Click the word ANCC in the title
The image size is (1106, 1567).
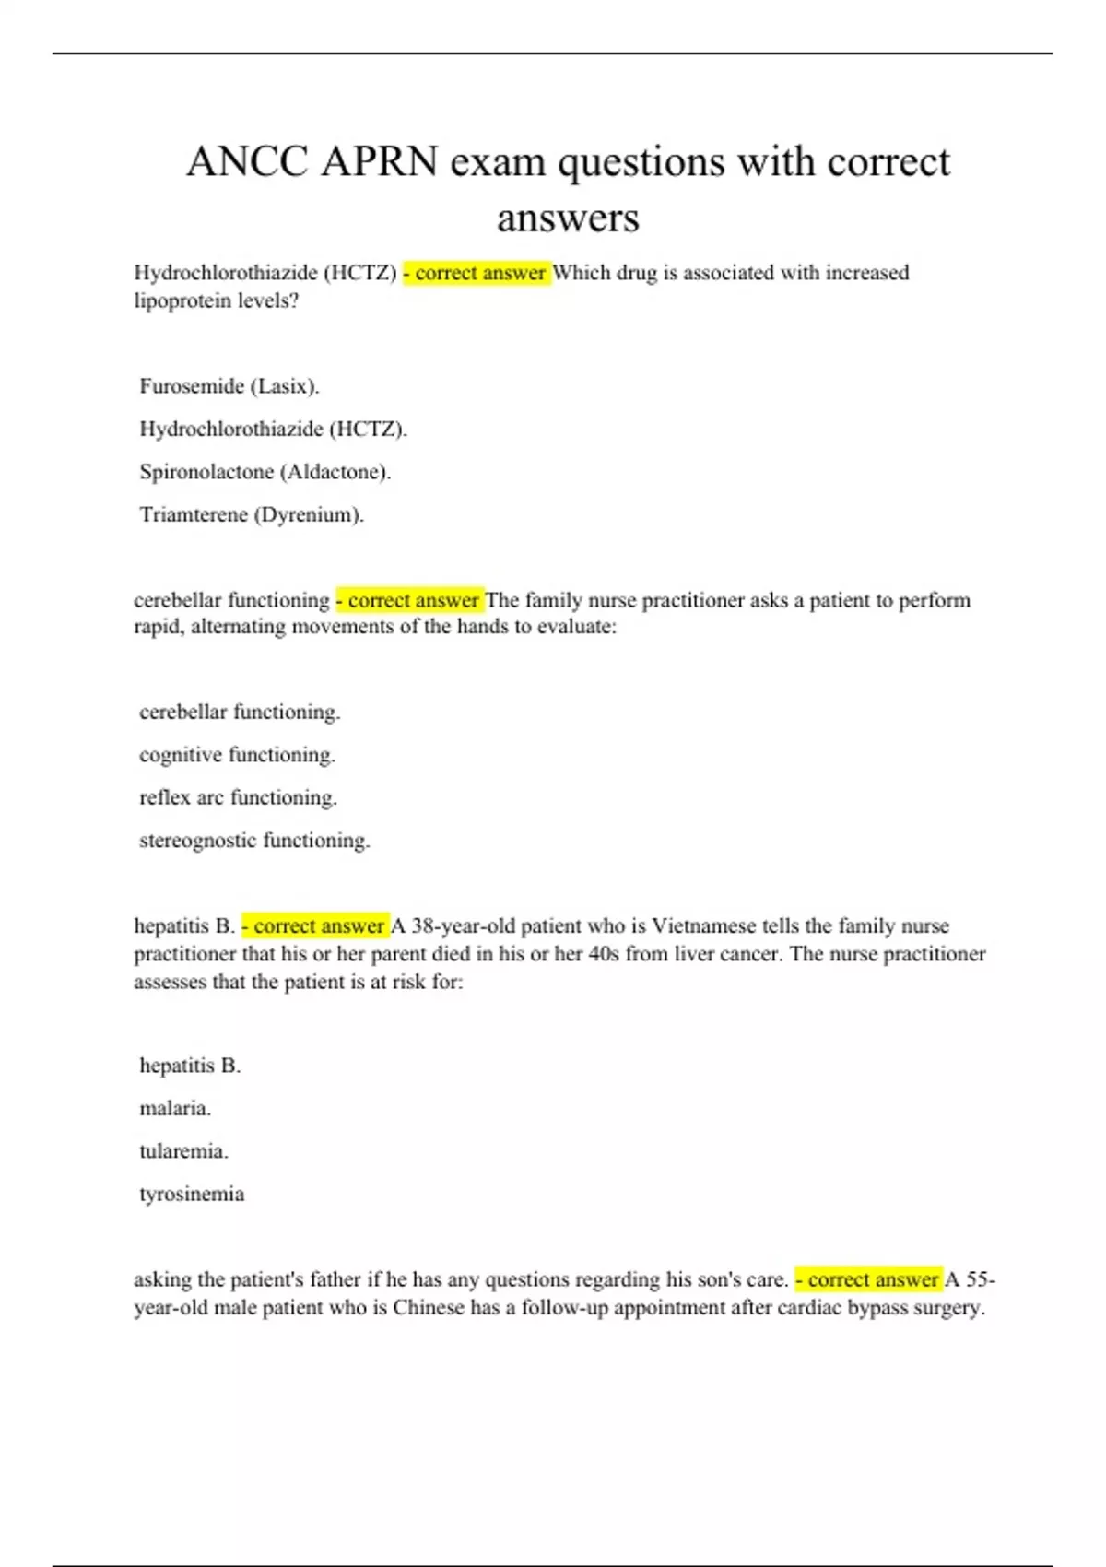[247, 162]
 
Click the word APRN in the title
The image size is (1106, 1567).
[379, 162]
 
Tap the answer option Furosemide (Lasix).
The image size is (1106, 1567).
[229, 386]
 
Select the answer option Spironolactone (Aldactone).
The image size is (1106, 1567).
[265, 472]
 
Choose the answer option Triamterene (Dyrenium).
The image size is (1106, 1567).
[252, 514]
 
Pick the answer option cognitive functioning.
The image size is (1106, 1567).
[237, 755]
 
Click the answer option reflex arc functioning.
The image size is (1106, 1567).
[238, 797]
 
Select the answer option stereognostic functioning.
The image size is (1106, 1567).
[254, 841]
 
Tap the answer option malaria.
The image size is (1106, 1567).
[175, 1108]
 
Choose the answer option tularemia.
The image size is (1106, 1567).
[183, 1151]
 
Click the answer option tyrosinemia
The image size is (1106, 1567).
[192, 1194]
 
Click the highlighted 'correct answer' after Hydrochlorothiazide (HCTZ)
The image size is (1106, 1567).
[477, 273]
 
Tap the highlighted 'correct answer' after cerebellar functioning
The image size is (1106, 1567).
[409, 600]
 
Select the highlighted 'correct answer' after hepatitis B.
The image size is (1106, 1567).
[315, 925]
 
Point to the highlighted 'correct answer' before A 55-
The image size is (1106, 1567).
[869, 1279]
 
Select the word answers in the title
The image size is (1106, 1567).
[568, 218]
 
